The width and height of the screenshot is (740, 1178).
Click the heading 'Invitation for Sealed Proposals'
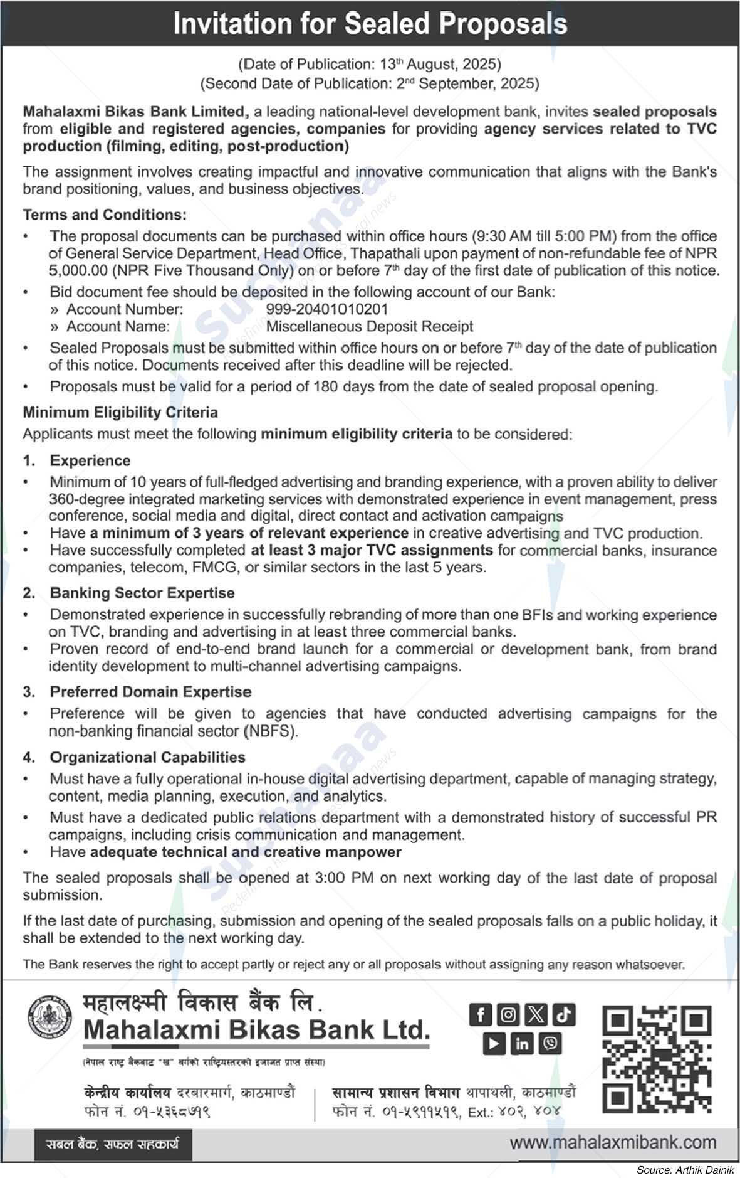point(370,24)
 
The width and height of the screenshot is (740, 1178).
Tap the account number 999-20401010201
point(327,309)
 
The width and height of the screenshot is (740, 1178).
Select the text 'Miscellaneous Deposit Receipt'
point(370,326)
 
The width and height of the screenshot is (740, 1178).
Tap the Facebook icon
point(480,1014)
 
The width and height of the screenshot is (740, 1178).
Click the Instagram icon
point(509,1014)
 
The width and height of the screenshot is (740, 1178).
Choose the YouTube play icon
point(494,1043)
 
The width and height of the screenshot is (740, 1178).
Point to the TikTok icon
point(564,1014)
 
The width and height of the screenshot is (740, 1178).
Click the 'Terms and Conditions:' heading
point(105,215)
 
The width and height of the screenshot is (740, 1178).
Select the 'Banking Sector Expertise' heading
point(142,593)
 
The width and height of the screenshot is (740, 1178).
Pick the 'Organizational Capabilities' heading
point(148,757)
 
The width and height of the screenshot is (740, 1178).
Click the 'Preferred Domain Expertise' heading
point(150,692)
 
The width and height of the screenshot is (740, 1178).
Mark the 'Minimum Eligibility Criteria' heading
point(120,412)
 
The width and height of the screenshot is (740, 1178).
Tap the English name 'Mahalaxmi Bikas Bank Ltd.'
point(257,1029)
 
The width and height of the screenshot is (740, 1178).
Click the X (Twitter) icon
point(536,1014)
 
